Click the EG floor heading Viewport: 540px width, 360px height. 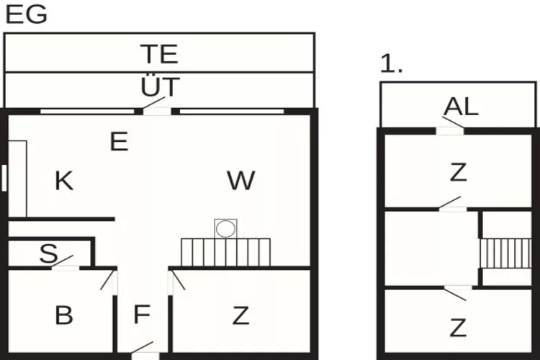[26, 14]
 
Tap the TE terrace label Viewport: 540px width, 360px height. [159, 55]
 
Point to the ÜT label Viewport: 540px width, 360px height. [159, 88]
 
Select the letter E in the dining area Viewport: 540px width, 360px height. [119, 142]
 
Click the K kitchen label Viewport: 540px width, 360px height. [64, 181]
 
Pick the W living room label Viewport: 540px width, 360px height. [240, 181]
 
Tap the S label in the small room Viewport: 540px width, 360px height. [48, 253]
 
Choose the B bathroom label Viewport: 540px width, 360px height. [64, 315]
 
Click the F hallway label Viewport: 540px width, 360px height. [142, 315]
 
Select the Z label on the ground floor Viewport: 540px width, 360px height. [240, 315]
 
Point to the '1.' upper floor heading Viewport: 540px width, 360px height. [391, 64]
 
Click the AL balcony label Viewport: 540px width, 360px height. [461, 107]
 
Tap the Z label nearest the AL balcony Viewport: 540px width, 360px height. [458, 172]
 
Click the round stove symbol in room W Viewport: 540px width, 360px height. [226, 229]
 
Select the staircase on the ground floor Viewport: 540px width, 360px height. [225, 252]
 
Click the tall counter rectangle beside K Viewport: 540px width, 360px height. [18, 179]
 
